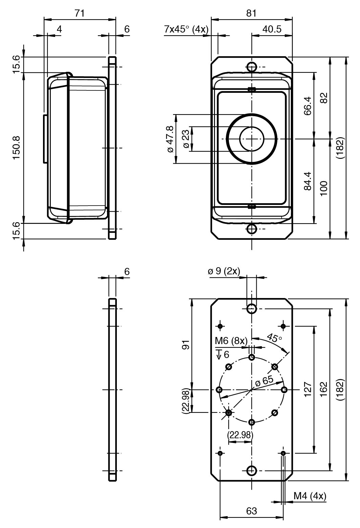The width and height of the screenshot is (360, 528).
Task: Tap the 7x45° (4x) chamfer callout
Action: tap(186, 29)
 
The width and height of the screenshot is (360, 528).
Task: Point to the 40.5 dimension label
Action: tap(272, 29)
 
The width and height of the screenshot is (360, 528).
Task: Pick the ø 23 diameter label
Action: tap(186, 139)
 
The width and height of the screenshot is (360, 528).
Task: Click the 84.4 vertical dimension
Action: tap(308, 181)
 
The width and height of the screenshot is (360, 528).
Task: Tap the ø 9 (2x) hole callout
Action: tap(224, 271)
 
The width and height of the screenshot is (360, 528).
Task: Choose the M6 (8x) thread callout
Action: tap(231, 341)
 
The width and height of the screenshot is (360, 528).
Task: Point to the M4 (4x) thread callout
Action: tap(310, 496)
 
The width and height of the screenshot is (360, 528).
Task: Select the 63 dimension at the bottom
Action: tap(251, 511)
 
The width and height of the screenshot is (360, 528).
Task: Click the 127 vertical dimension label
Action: tap(308, 390)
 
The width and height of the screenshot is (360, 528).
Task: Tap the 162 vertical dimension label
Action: tap(323, 390)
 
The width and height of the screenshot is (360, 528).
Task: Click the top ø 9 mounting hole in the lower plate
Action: tap(252, 309)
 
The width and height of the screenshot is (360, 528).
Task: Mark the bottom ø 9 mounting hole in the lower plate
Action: tap(252, 470)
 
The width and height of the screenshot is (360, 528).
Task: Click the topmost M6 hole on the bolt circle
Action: tap(252, 357)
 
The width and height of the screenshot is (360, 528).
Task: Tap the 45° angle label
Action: tap(274, 338)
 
